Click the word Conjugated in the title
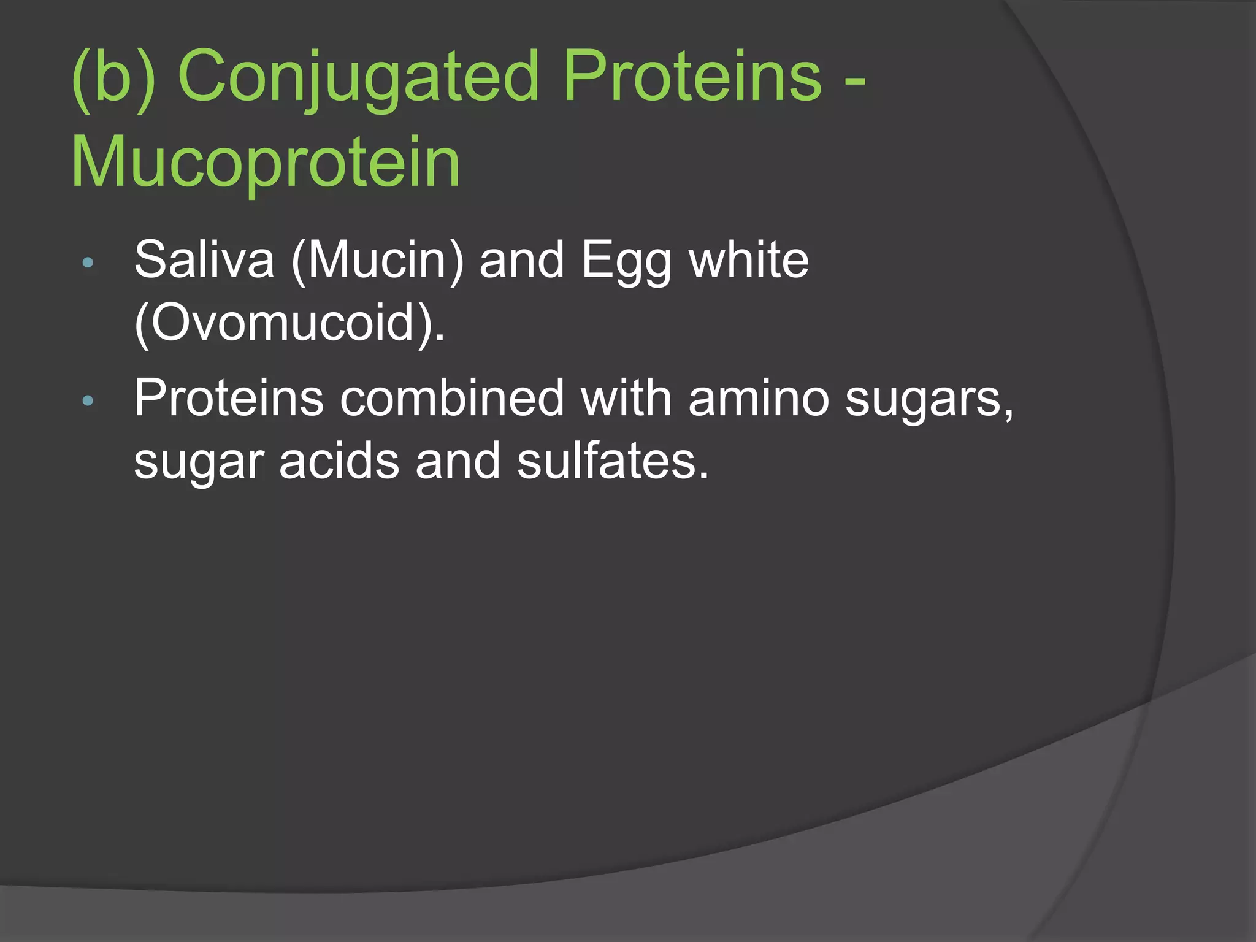click(x=358, y=77)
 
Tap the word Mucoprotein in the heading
click(x=266, y=163)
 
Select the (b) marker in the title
click(x=113, y=77)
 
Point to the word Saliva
click(x=204, y=260)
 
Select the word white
click(x=749, y=260)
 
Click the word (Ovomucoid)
click(x=289, y=323)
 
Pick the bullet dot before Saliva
click(x=88, y=262)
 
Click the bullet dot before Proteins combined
click(x=88, y=401)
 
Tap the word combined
click(x=452, y=399)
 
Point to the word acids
click(x=339, y=461)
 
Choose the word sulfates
click(x=612, y=461)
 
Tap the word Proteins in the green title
click(x=691, y=77)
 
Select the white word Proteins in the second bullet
click(x=229, y=399)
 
